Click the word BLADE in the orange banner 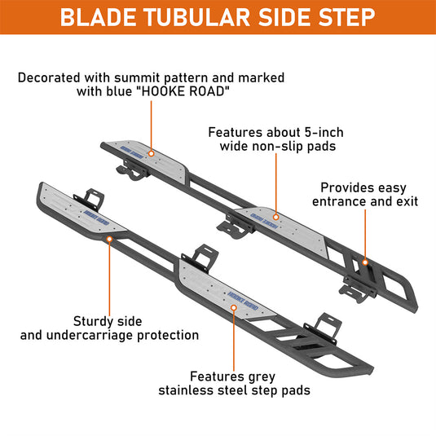click(x=98, y=17)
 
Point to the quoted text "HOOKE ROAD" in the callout click(x=184, y=91)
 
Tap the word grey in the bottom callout click(x=262, y=377)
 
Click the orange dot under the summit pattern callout click(x=152, y=153)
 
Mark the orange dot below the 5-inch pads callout click(x=275, y=217)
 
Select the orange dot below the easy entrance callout click(x=365, y=262)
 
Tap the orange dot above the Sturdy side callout click(x=109, y=239)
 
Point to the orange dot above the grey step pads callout click(x=234, y=307)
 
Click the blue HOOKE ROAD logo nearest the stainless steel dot click(x=243, y=301)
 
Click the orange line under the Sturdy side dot click(x=109, y=279)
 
